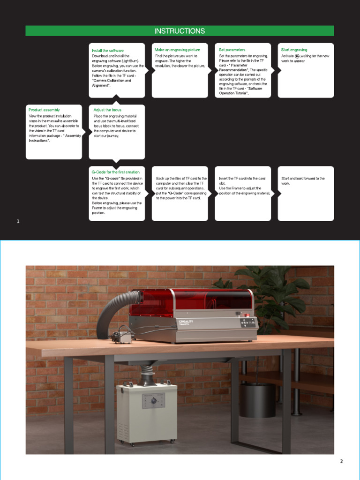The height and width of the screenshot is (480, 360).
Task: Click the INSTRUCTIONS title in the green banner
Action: (x=180, y=31)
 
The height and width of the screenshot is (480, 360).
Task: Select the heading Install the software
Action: (x=108, y=51)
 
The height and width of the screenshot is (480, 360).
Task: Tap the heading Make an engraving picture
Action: (x=177, y=50)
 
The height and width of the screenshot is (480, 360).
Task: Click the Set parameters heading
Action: (x=232, y=50)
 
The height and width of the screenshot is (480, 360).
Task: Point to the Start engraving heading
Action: (x=294, y=50)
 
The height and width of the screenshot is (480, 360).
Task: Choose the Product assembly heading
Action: (x=44, y=110)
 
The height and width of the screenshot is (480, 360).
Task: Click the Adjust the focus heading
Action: (x=107, y=110)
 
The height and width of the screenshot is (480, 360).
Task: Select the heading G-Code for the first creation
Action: (x=115, y=172)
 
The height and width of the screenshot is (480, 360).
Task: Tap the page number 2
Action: (x=341, y=461)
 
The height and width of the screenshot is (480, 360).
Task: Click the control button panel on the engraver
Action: (x=247, y=322)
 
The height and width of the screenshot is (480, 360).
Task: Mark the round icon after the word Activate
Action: (x=298, y=56)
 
